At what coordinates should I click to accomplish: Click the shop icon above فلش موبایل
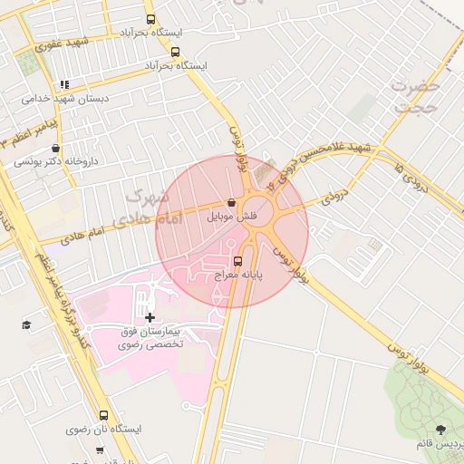pyautogui.click(x=233, y=202)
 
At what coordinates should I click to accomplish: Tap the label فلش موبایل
pyautogui.click(x=233, y=217)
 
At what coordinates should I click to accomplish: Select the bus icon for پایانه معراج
pyautogui.click(x=238, y=261)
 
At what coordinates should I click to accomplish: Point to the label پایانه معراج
pyautogui.click(x=237, y=275)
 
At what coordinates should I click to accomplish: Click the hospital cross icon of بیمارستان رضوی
pyautogui.click(x=150, y=317)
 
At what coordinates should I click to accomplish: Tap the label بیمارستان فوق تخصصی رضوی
pyautogui.click(x=150, y=338)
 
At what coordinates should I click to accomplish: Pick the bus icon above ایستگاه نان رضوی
pyautogui.click(x=103, y=415)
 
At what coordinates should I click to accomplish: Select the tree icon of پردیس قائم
pyautogui.click(x=440, y=430)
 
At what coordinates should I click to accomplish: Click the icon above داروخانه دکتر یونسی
pyautogui.click(x=56, y=149)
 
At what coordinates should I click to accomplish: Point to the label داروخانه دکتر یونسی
pyautogui.click(x=56, y=163)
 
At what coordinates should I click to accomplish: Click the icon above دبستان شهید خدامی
pyautogui.click(x=64, y=84)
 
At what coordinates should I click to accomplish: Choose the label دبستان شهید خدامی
pyautogui.click(x=64, y=98)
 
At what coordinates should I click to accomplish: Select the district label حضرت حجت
pyautogui.click(x=415, y=95)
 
